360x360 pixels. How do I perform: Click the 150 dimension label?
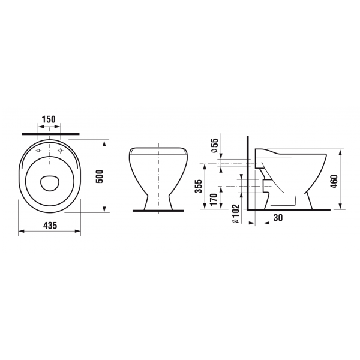click(49, 119)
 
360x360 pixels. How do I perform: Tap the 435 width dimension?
click(50, 226)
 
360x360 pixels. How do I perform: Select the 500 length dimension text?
click(100, 176)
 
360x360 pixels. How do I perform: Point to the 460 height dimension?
click(334, 182)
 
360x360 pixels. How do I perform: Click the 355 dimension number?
click(198, 186)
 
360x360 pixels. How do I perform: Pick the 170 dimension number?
click(213, 200)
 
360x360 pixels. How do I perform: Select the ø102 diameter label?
click(236, 214)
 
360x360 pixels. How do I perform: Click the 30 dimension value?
click(278, 217)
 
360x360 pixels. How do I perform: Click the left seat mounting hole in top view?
click(38, 151)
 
